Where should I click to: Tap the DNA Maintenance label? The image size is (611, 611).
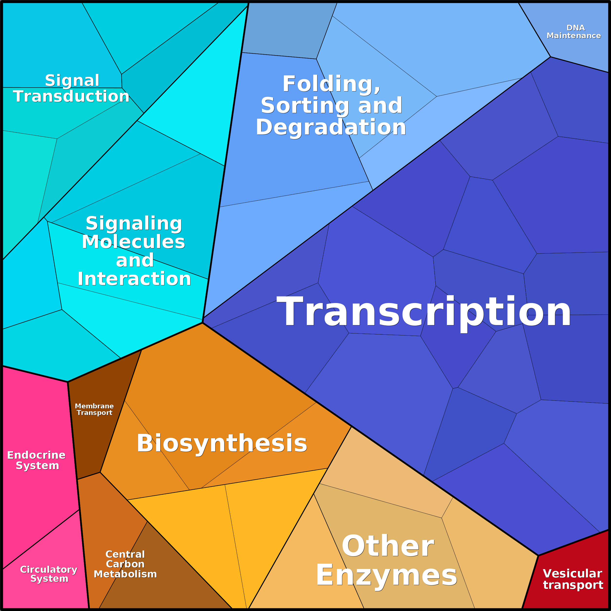[574, 32]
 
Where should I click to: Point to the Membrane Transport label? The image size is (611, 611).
[94, 409]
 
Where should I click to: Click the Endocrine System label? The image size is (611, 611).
[36, 460]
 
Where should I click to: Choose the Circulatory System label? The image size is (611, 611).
[49, 574]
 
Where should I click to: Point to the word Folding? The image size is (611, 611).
[332, 84]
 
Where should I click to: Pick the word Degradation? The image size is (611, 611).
[331, 127]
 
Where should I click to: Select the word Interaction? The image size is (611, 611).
[135, 279]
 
